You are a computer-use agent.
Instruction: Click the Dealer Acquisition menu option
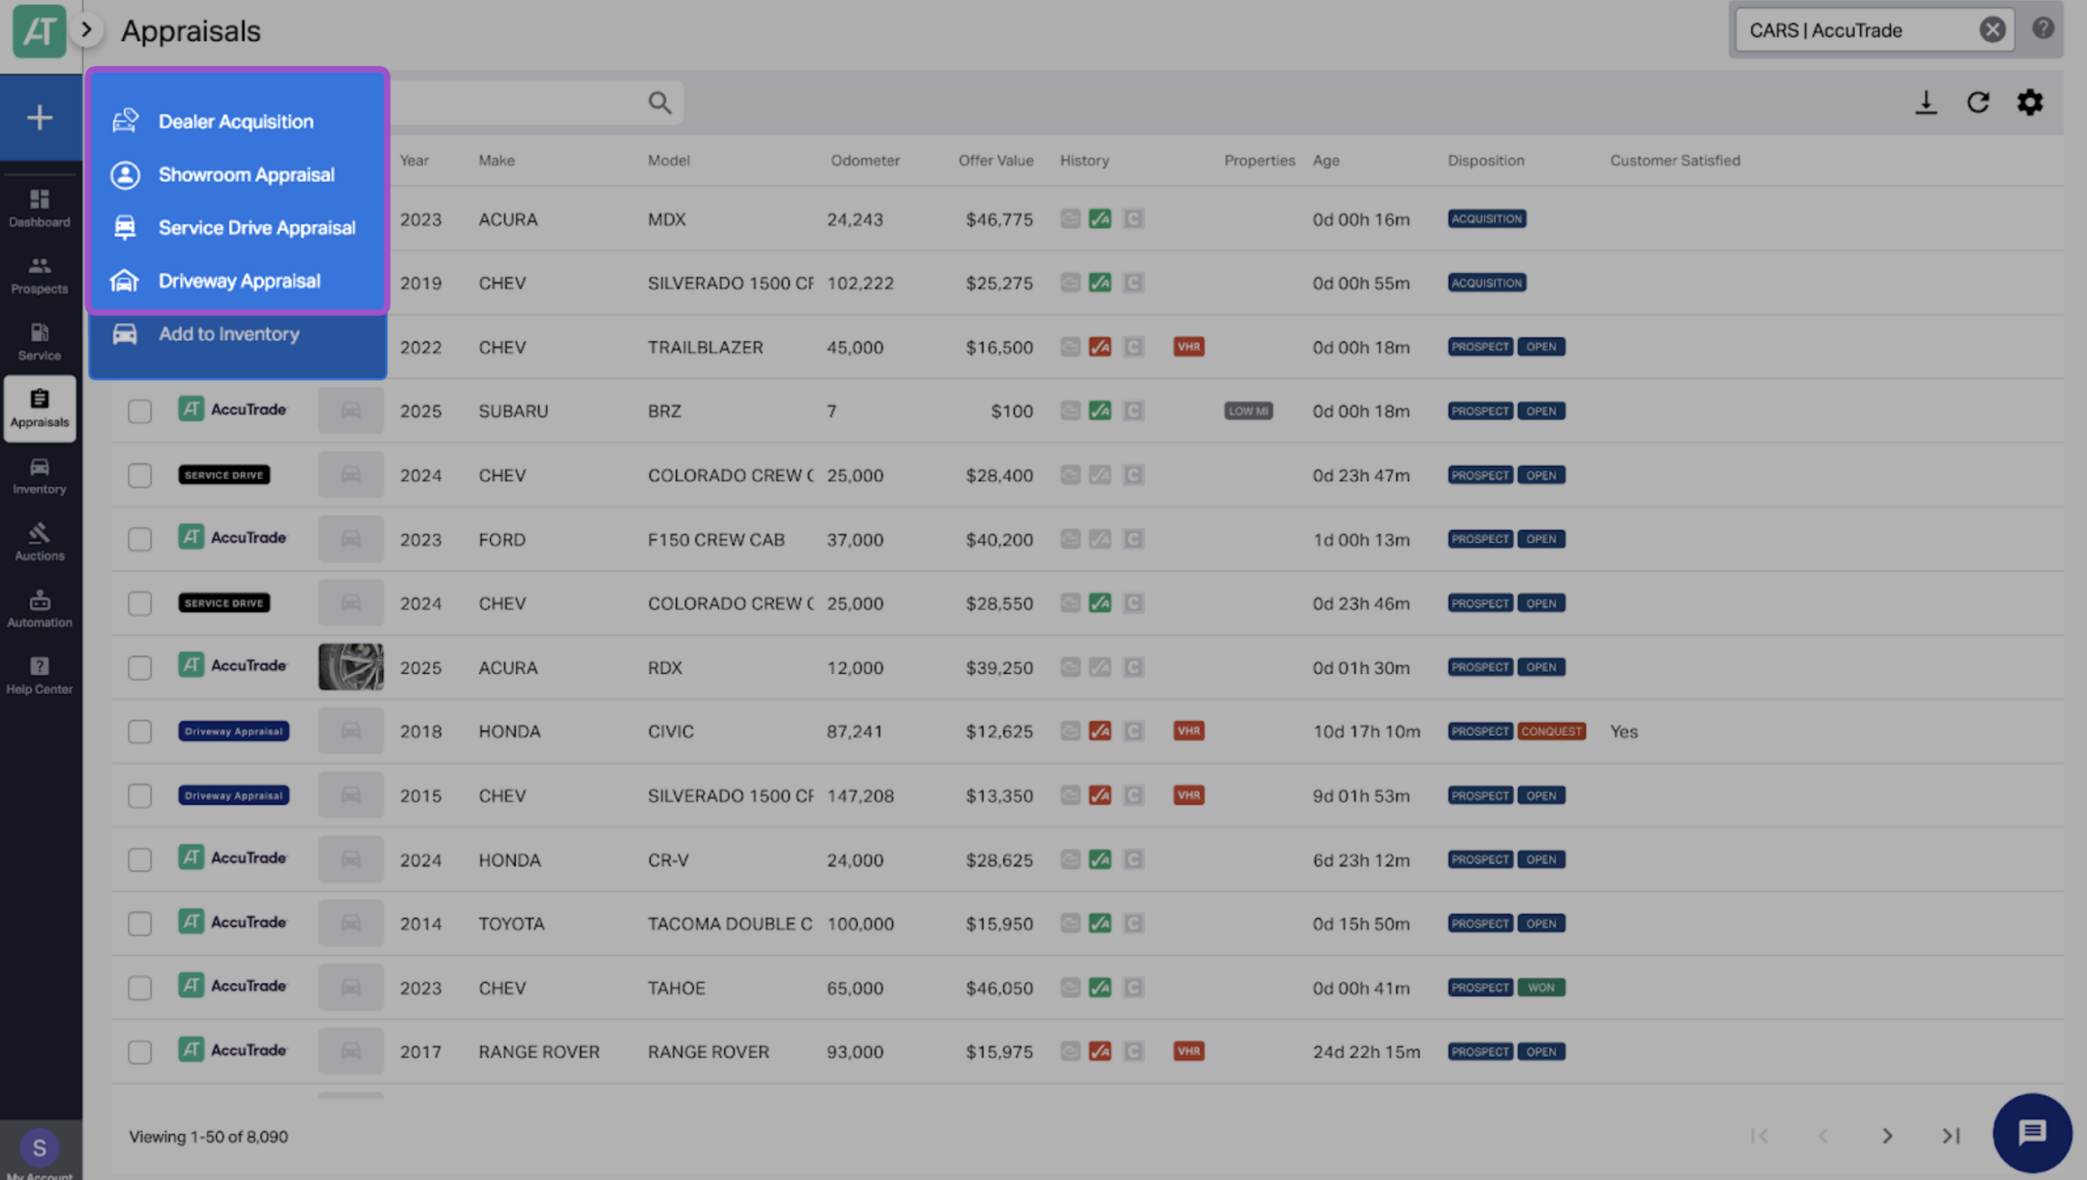coord(236,121)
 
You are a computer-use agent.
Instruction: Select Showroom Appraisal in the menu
coord(246,174)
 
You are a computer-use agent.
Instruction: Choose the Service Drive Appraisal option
coord(257,227)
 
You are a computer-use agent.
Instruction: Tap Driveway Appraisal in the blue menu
coord(239,280)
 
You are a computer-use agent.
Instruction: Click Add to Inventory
coord(228,333)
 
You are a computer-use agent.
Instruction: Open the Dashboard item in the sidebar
coord(39,208)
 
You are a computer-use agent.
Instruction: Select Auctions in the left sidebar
coord(39,542)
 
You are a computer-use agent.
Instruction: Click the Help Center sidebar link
coord(39,676)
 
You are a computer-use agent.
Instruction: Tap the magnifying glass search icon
coord(660,103)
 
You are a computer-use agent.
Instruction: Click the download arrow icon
coord(1926,103)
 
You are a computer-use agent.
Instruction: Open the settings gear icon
coord(2030,103)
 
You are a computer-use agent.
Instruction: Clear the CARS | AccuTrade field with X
coord(1992,30)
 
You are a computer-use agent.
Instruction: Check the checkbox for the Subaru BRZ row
coord(139,411)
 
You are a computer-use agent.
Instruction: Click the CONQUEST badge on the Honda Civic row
coord(1551,731)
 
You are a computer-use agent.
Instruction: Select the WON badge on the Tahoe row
coord(1541,988)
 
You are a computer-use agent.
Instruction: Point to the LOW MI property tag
coord(1248,411)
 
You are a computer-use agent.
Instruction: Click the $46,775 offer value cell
coord(999,219)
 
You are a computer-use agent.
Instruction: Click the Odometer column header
coord(865,161)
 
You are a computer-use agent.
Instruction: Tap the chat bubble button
coord(2032,1133)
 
